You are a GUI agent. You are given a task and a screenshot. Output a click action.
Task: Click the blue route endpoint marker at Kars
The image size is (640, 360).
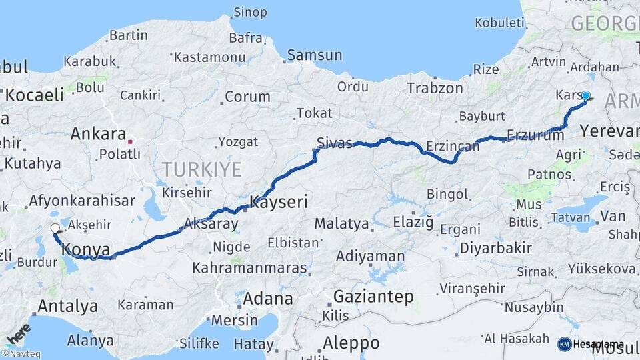click(x=586, y=95)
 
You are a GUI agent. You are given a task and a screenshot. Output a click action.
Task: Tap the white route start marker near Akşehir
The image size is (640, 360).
click(x=55, y=228)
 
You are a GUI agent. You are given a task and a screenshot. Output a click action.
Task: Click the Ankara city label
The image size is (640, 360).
click(x=98, y=133)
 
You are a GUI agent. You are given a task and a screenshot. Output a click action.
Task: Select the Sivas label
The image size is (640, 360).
click(x=334, y=143)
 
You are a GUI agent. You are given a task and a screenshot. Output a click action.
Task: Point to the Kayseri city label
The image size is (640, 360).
click(x=278, y=201)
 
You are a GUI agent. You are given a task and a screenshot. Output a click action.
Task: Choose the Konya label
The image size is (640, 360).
click(x=85, y=249)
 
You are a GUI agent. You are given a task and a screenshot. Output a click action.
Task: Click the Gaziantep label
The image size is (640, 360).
click(x=373, y=296)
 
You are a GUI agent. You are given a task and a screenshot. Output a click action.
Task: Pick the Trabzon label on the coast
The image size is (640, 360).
click(x=435, y=88)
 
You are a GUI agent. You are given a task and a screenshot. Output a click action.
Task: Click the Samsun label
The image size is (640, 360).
click(x=314, y=55)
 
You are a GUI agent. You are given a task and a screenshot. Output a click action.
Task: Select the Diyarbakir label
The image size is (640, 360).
click(x=495, y=248)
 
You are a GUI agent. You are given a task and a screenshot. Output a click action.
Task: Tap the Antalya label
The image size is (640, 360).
click(x=67, y=307)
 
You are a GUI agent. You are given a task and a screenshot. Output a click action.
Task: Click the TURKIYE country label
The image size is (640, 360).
click(x=201, y=169)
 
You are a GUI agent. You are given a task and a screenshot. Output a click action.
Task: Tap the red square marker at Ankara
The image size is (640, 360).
click(x=130, y=141)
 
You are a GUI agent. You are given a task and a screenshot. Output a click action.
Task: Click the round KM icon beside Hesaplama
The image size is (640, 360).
click(x=564, y=344)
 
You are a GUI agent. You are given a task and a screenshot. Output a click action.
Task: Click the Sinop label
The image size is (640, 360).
click(x=250, y=12)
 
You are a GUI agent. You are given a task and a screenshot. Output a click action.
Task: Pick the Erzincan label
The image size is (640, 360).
click(x=453, y=146)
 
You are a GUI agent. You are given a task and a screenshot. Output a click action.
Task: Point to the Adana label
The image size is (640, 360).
click(x=267, y=298)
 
